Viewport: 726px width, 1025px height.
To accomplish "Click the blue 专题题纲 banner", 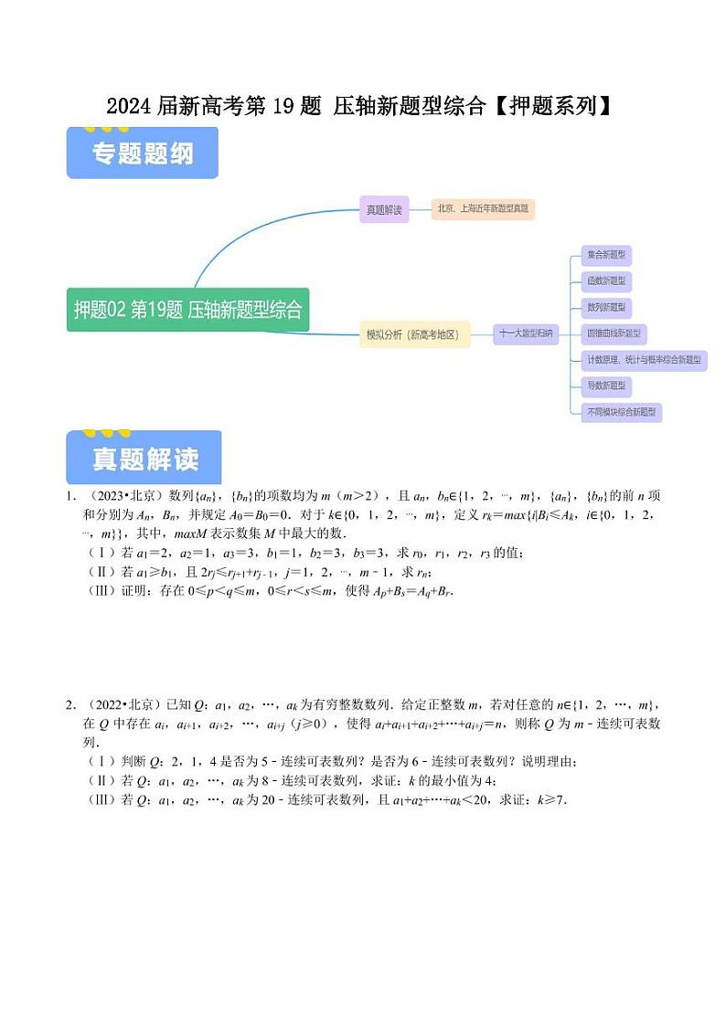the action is coord(143,153).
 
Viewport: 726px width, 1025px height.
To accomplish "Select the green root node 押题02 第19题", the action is coord(187,310).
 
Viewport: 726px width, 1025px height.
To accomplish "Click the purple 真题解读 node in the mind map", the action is coord(384,209).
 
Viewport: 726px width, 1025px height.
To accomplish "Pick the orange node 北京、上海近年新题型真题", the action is coord(483,209).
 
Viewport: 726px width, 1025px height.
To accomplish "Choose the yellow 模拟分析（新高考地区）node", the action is coord(417,335).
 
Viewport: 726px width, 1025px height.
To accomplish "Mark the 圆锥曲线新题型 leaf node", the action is coord(614,333).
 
